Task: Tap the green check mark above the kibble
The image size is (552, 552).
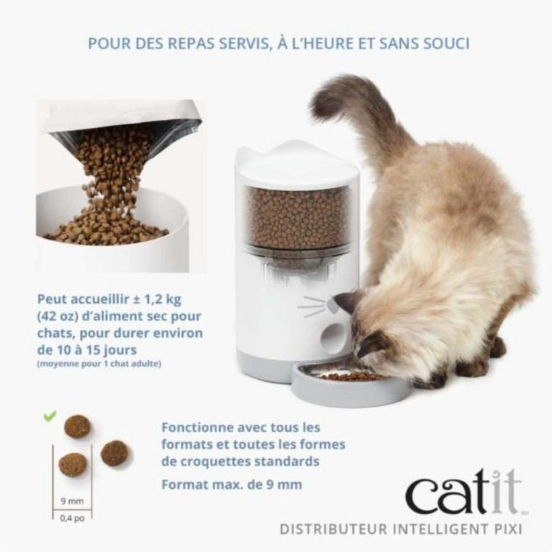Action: [49, 416]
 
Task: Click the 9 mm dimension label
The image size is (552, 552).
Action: [72, 500]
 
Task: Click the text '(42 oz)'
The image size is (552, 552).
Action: [59, 316]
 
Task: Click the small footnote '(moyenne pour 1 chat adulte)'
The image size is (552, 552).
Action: [99, 363]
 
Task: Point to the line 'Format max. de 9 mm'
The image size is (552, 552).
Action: [232, 484]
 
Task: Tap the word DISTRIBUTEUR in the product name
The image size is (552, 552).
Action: [330, 529]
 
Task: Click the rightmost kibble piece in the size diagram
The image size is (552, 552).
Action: [114, 452]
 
